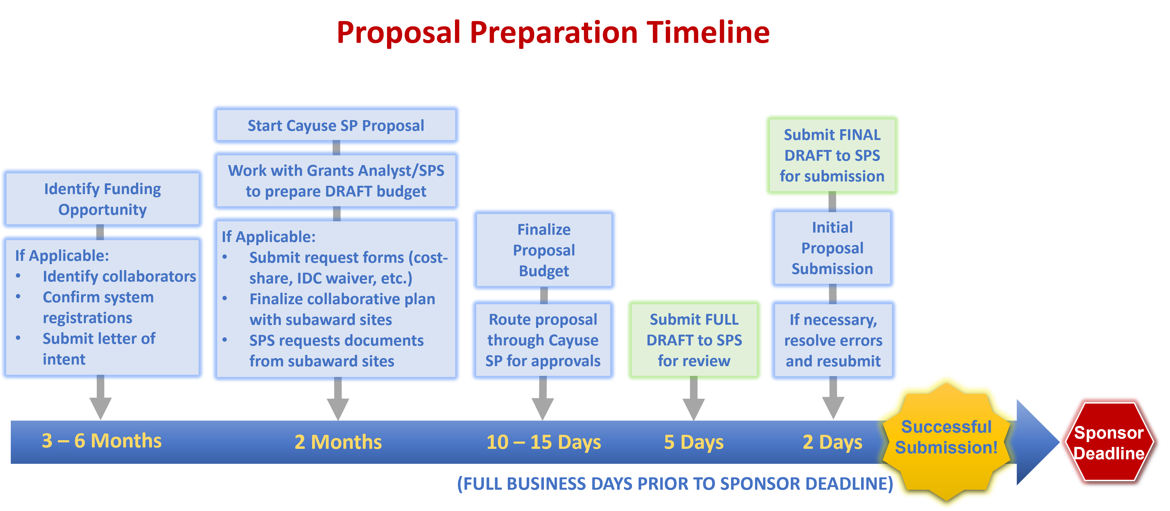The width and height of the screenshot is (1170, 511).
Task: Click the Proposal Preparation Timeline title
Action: pos(553,33)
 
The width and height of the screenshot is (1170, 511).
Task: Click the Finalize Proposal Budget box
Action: pos(544,250)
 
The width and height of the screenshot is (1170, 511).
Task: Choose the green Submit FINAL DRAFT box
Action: pos(832,155)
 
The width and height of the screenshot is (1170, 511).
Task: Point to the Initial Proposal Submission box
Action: pos(832,248)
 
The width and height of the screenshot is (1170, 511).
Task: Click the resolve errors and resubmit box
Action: pos(833,340)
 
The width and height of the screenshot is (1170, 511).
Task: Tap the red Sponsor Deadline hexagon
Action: pos(1109,442)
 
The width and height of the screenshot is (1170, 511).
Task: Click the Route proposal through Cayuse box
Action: pos(543,340)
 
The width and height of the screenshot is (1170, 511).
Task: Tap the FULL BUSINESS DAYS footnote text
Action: pos(674,484)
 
